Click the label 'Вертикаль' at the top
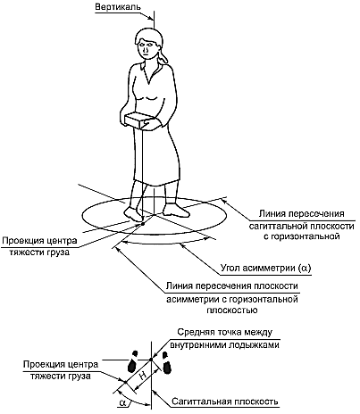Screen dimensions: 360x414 click(117, 7)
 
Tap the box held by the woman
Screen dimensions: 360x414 click(137, 120)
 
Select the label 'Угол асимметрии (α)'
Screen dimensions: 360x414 click(265, 268)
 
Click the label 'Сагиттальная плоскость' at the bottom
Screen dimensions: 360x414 click(225, 402)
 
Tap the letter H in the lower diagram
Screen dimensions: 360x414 click(143, 376)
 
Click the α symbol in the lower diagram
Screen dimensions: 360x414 click(123, 403)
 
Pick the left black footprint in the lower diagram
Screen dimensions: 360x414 click(132, 361)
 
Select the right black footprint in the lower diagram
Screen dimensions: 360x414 click(166, 363)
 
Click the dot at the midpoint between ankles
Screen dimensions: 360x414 click(151, 360)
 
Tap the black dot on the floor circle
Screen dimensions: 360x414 click(143, 223)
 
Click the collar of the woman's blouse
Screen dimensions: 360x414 click(149, 72)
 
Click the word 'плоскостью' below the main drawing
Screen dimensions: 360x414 click(232, 310)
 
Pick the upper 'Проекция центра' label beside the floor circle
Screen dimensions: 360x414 click(39, 241)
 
